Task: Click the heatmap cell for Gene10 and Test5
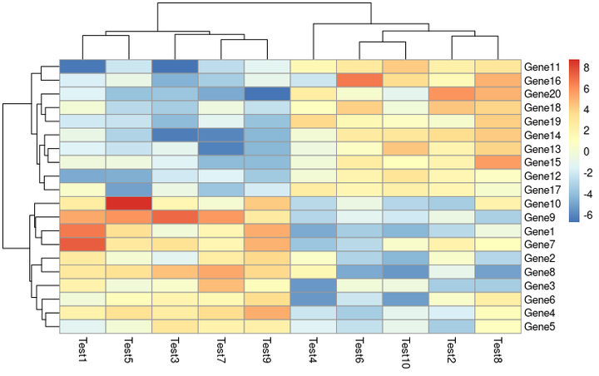click(x=128, y=204)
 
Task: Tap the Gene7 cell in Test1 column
click(x=82, y=245)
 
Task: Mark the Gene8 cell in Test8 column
click(x=497, y=272)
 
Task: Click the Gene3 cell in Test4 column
click(x=313, y=285)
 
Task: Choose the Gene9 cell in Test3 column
click(x=175, y=217)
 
